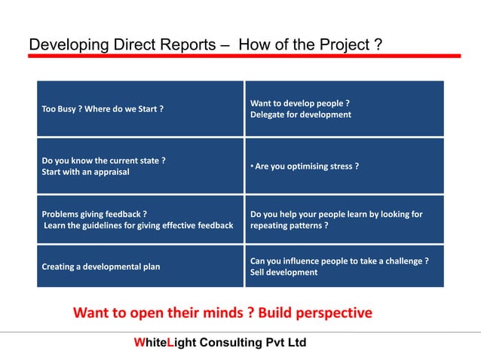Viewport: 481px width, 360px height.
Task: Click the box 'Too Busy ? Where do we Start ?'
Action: [140, 108]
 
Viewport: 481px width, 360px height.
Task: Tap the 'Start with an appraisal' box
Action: [140, 166]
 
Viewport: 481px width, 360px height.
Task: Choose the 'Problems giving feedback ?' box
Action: [140, 220]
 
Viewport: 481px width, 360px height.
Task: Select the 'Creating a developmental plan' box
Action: [140, 266]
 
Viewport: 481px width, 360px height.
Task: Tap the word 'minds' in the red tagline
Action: [223, 312]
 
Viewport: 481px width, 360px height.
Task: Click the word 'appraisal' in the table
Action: [109, 172]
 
